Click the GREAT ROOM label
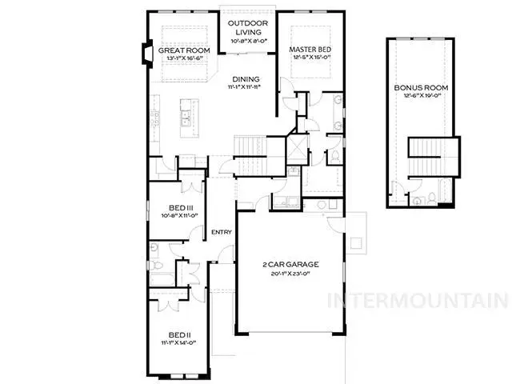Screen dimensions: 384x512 pos(182,50)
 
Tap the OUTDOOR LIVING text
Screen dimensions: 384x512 pos(247,27)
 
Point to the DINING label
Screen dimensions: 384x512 pos(246,79)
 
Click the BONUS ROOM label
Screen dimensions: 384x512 pos(419,87)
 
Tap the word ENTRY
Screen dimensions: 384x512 pos(221,233)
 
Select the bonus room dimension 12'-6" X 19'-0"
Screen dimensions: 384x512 pos(419,97)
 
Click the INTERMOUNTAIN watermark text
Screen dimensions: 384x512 pos(419,302)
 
